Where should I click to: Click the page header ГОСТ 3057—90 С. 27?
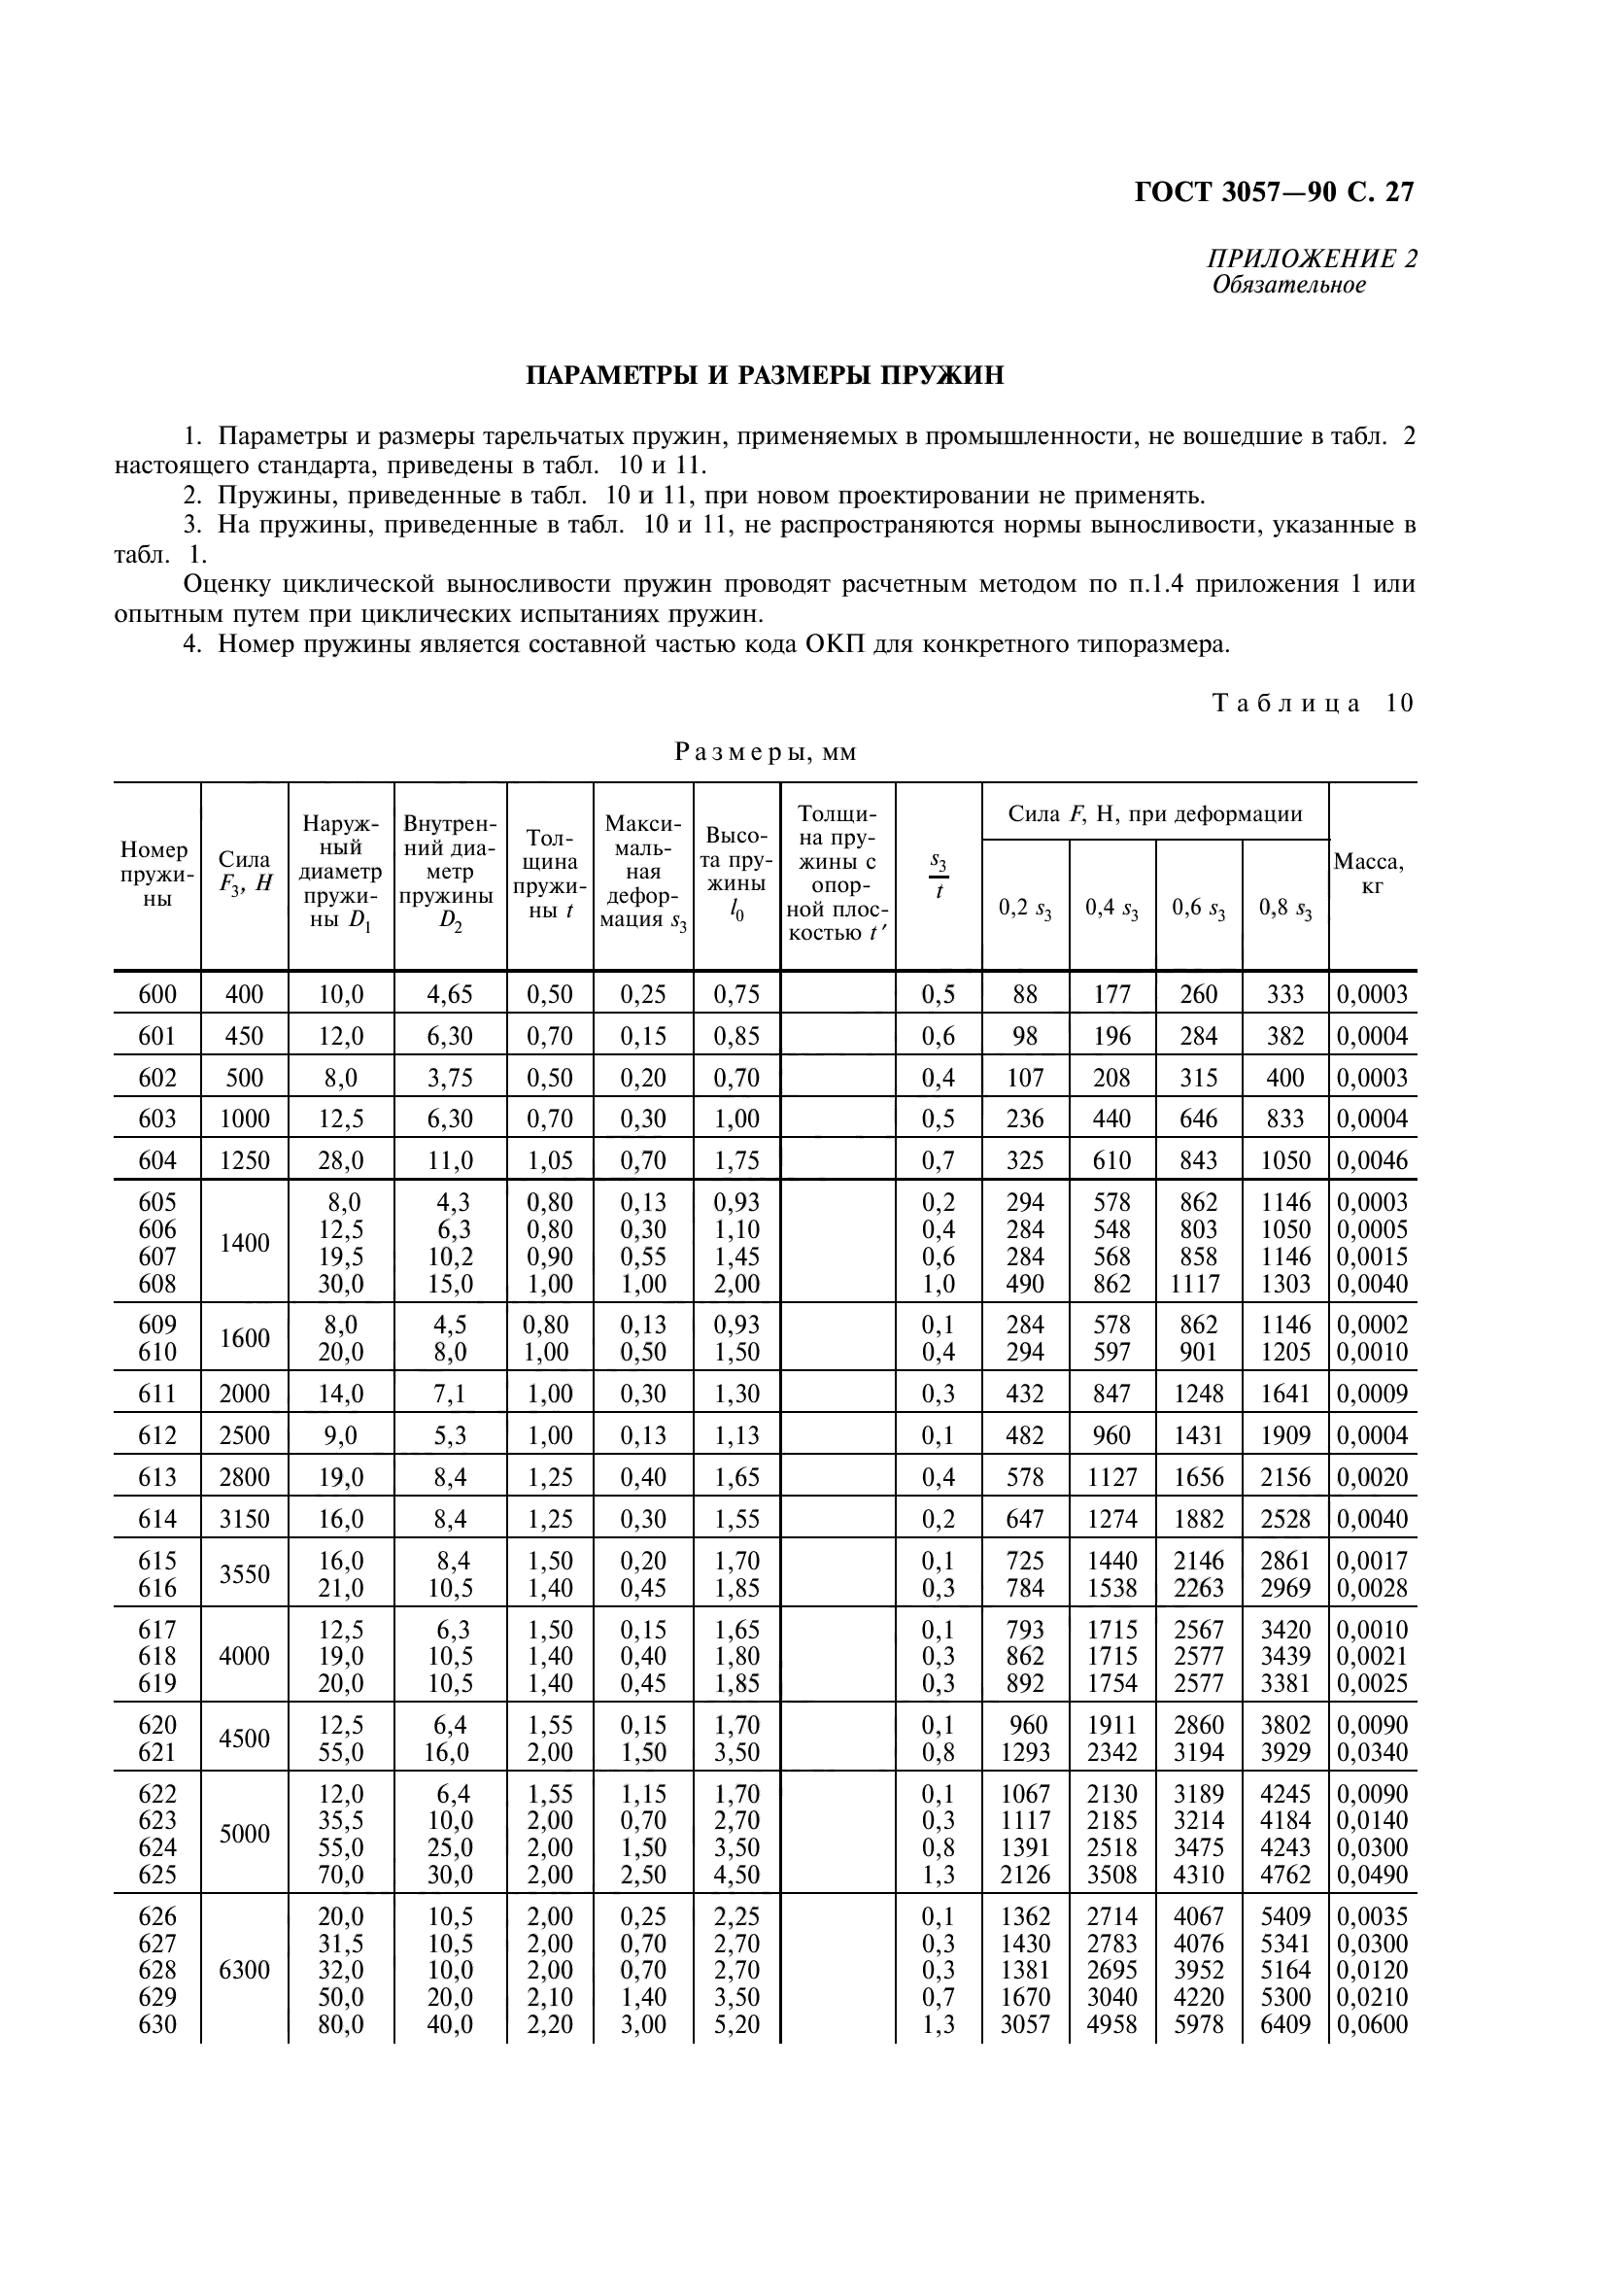1274,192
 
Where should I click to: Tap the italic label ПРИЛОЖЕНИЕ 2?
1311,259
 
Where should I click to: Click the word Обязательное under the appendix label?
1288,286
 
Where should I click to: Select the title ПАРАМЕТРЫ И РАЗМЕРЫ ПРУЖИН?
764,376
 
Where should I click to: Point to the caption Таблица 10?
1314,704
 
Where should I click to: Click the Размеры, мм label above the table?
765,753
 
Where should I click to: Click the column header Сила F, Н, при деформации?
1154,814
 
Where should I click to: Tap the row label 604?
157,1160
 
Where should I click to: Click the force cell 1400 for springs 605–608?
244,1244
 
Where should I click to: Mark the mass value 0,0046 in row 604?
1372,1160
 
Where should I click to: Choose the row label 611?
157,1395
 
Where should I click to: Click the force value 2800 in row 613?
244,1478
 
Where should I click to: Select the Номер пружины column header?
155,875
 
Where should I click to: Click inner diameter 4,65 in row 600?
449,995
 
